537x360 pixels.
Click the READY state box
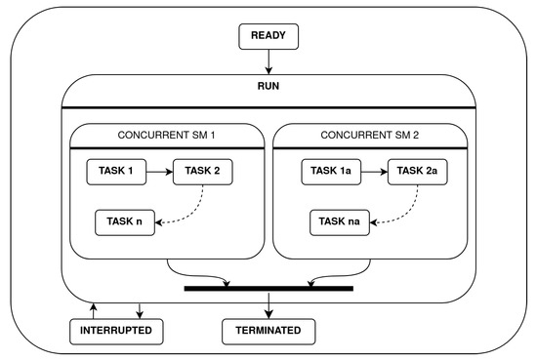[x=268, y=37]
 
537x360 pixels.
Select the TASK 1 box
[x=121, y=172]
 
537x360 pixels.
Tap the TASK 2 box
[x=204, y=172]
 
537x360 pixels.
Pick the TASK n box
[x=125, y=221]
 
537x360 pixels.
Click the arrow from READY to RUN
[x=268, y=61]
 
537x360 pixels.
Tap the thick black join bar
[x=268, y=289]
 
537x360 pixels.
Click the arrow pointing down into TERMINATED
[x=268, y=304]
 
